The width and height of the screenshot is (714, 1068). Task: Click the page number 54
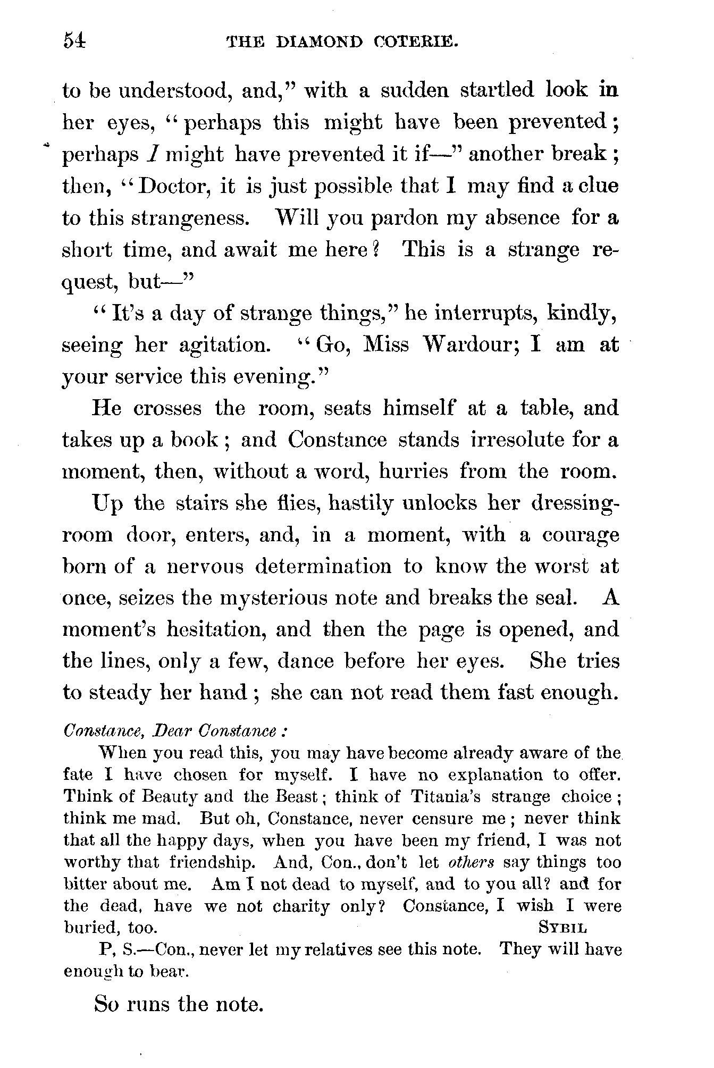point(74,41)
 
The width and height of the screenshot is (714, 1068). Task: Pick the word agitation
point(224,346)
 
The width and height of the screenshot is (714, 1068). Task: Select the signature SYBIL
point(563,928)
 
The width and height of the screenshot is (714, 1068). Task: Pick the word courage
point(581,535)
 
